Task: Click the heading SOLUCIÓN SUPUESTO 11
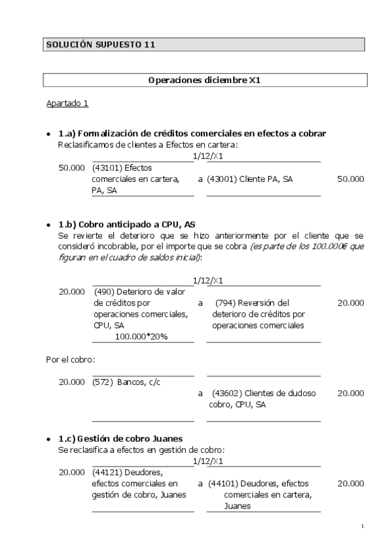point(99,45)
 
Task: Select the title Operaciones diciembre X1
point(205,80)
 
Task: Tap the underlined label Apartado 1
point(67,103)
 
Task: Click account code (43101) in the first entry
point(107,168)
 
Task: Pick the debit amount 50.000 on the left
point(71,168)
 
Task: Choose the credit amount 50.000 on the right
point(350,179)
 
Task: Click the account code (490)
point(106,291)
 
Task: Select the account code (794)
point(228,302)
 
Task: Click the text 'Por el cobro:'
point(70,359)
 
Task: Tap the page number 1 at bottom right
point(362,526)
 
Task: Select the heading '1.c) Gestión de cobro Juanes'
point(120,438)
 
